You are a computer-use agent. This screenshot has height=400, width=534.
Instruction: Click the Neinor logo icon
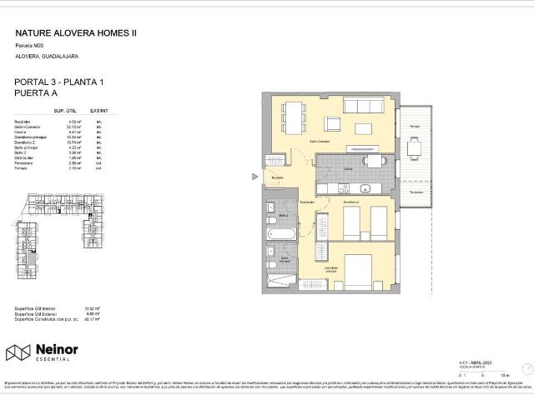[18, 352]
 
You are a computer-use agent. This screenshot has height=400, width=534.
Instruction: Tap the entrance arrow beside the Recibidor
[255, 177]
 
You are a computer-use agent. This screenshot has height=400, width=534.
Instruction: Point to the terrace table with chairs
[415, 148]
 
